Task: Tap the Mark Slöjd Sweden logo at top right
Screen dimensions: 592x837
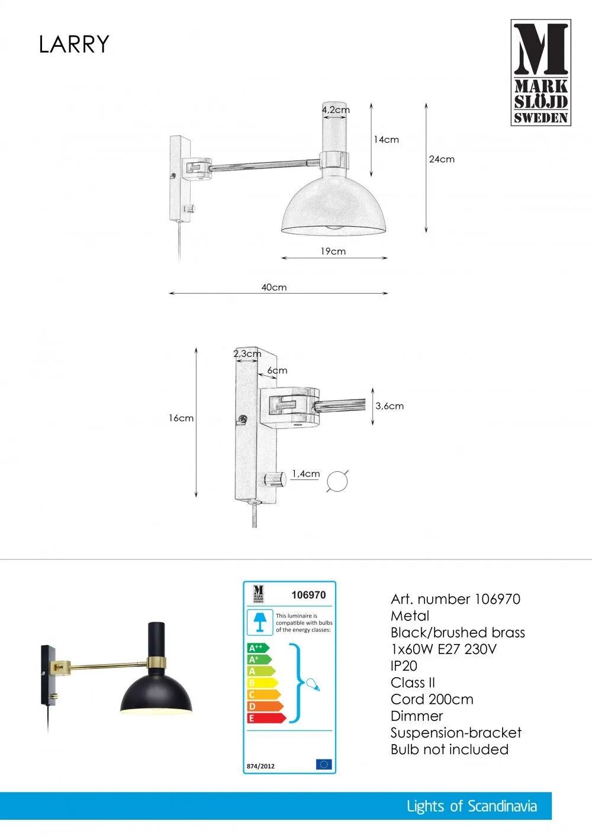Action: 541,72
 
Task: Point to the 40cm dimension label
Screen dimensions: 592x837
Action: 274,287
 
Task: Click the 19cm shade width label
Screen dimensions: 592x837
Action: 333,251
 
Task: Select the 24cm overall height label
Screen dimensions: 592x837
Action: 442,159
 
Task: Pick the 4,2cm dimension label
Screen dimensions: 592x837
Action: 336,110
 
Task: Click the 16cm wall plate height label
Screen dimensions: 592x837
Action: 181,418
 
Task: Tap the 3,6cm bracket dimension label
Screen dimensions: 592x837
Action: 390,406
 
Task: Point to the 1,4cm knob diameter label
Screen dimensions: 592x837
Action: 305,474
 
